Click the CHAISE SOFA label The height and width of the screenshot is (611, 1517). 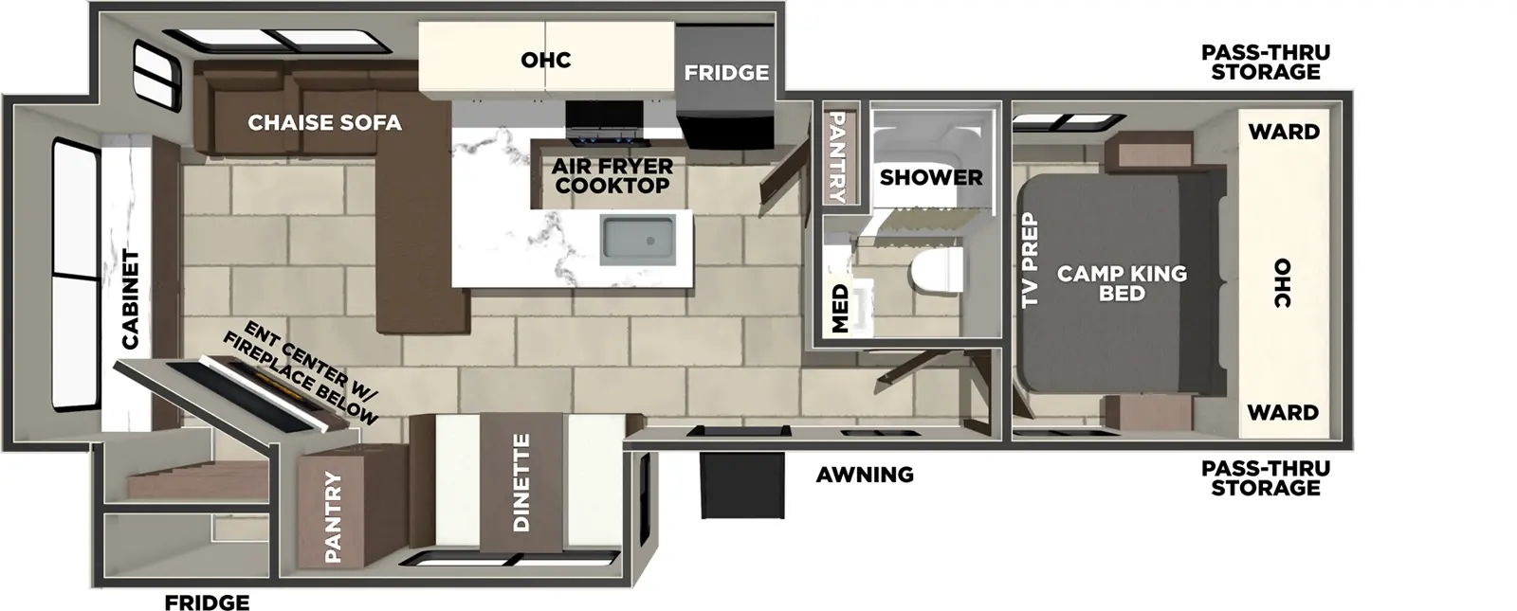point(324,123)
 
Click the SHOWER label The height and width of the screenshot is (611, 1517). point(931,177)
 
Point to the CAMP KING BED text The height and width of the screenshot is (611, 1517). point(1122,283)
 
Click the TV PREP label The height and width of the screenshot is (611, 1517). point(1030,260)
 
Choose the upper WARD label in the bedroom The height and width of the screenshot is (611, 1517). point(1284,132)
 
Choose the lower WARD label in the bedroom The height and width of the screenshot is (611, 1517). point(1284,412)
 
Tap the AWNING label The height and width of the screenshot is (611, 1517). point(865,475)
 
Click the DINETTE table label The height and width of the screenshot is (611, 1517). point(521,483)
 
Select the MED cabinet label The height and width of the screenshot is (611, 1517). point(840,310)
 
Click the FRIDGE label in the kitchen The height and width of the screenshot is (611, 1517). point(726,73)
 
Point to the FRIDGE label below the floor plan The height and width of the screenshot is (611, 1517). point(207,602)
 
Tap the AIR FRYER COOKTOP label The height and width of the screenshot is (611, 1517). point(612,176)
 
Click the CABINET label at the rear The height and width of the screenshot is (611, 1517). point(131,299)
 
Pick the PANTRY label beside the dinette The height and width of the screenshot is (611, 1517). point(333,517)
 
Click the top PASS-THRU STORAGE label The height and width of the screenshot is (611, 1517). point(1265,62)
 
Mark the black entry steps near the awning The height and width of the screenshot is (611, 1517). point(742,484)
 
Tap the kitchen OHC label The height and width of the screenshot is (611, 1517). point(546,60)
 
